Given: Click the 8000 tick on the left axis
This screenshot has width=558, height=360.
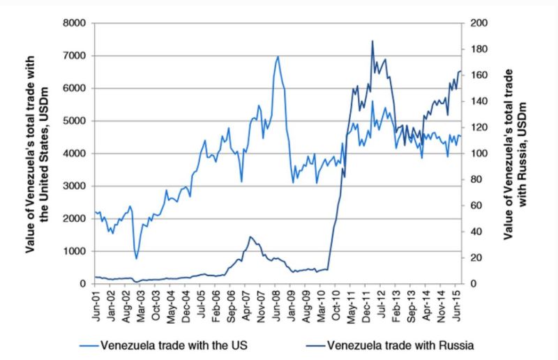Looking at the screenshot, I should pyautogui.click(x=74, y=23).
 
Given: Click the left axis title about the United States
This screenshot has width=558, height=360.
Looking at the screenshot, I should pyautogui.click(x=38, y=153).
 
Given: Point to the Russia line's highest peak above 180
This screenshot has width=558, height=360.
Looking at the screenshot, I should pyautogui.click(x=372, y=40).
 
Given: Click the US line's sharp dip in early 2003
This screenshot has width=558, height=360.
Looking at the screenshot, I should pyautogui.click(x=137, y=259).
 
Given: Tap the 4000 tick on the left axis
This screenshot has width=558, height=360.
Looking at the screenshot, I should pyautogui.click(x=74, y=153).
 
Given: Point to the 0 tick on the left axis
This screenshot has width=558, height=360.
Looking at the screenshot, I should pyautogui.click(x=82, y=284).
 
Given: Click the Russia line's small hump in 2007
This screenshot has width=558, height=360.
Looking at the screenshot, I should pyautogui.click(x=250, y=237).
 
